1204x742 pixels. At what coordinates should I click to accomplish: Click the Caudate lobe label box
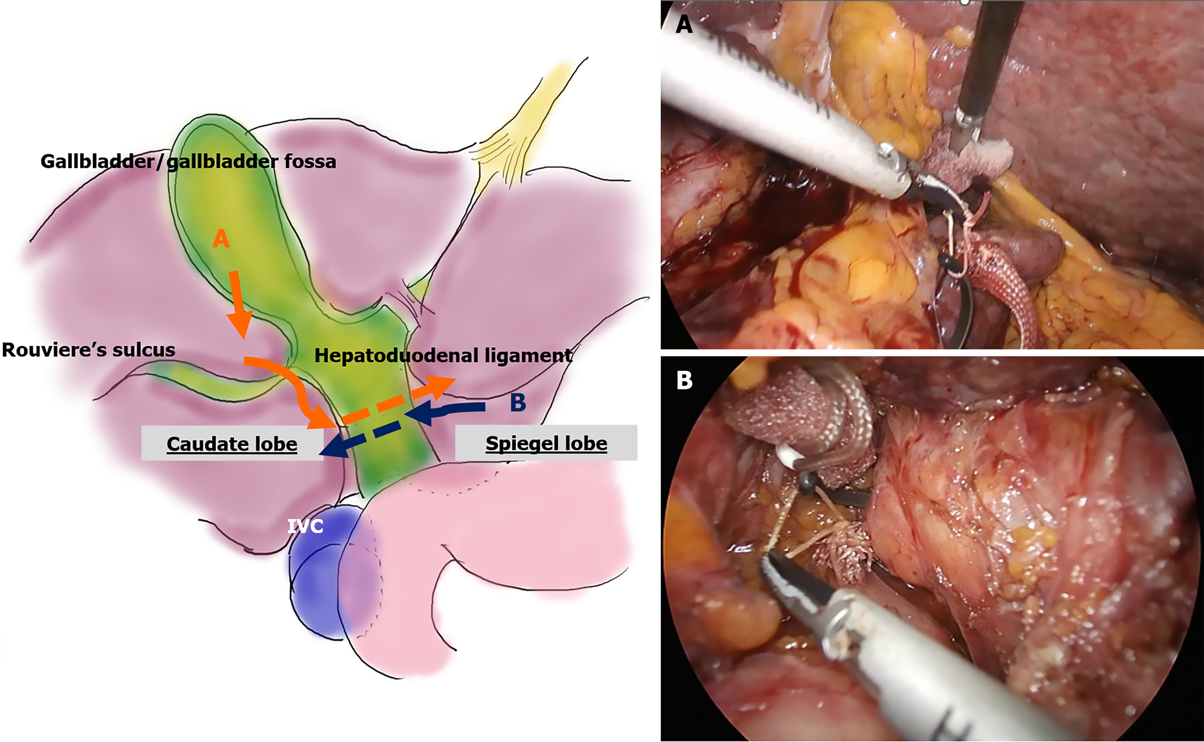point(232,443)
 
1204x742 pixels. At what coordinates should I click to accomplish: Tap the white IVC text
point(305,527)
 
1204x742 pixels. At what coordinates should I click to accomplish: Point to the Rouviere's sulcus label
point(88,350)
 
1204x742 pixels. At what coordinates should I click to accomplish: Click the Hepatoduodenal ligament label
point(443,355)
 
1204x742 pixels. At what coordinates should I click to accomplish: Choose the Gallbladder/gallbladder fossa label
point(188,162)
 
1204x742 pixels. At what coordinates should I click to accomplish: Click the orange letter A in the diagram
point(221,239)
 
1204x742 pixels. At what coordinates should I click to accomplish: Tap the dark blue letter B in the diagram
point(518,402)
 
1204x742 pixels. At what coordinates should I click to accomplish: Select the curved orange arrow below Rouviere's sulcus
point(289,388)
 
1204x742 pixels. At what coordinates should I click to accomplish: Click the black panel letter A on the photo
point(684,24)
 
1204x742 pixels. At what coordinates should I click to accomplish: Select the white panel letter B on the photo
point(684,379)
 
